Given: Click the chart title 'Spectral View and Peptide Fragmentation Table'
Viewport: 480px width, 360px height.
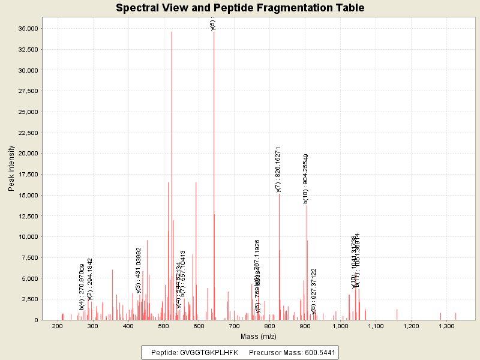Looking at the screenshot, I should pyautogui.click(x=240, y=8).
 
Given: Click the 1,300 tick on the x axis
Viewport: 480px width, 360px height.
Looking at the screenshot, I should pyautogui.click(x=446, y=325).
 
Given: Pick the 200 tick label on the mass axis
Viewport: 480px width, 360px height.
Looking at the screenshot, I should pyautogui.click(x=58, y=325).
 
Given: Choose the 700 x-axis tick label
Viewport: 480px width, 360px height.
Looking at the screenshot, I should pyautogui.click(x=234, y=325).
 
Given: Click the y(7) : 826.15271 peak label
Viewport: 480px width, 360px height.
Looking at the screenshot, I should pyautogui.click(x=278, y=169).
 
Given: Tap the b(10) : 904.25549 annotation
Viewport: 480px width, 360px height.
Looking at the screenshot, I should pyautogui.click(x=306, y=179).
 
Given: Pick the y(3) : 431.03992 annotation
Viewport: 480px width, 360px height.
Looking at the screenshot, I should pyautogui.click(x=139, y=270).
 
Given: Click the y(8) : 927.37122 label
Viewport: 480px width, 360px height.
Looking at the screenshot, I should pyautogui.click(x=314, y=292).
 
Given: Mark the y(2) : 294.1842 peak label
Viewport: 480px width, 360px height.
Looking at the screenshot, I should pyautogui.click(x=90, y=279).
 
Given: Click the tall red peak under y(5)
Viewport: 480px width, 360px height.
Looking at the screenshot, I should pyautogui.click(x=214, y=180).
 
